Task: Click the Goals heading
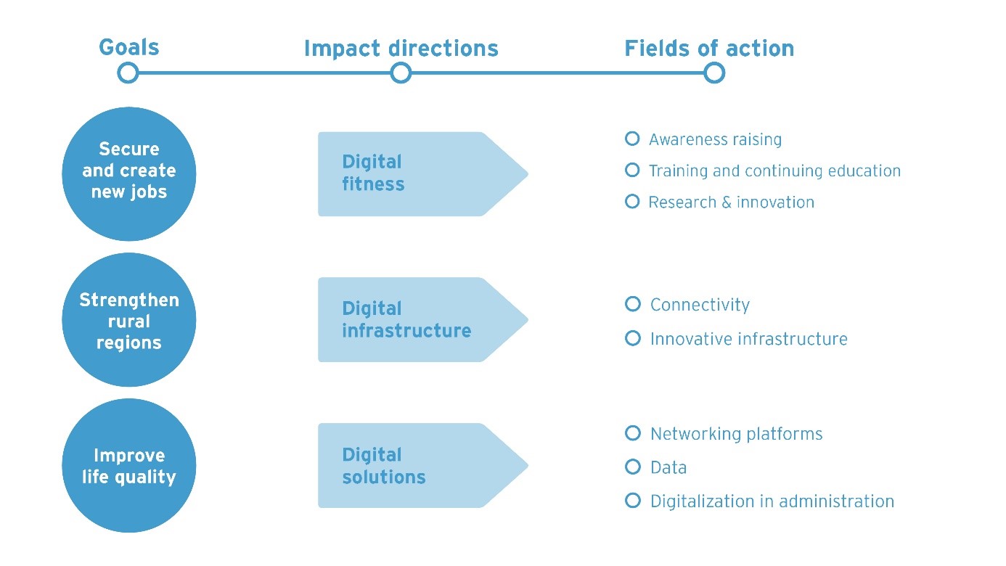pos(128,48)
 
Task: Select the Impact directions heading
pos(401,49)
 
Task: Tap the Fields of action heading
pos(709,49)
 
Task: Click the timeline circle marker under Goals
pos(128,73)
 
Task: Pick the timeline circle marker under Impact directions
pos(401,73)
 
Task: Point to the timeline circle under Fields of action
pos(714,73)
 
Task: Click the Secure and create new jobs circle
pos(129,174)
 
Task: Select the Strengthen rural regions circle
pos(129,320)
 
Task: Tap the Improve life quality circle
pos(129,466)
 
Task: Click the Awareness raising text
pos(715,139)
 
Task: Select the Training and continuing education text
pos(774,171)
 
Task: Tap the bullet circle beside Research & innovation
pos(632,201)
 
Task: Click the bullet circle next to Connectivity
pos(633,304)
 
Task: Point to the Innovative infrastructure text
pos(748,339)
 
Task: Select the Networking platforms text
pos(736,434)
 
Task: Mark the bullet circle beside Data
pos(633,467)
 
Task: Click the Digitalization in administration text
pos(772,501)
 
